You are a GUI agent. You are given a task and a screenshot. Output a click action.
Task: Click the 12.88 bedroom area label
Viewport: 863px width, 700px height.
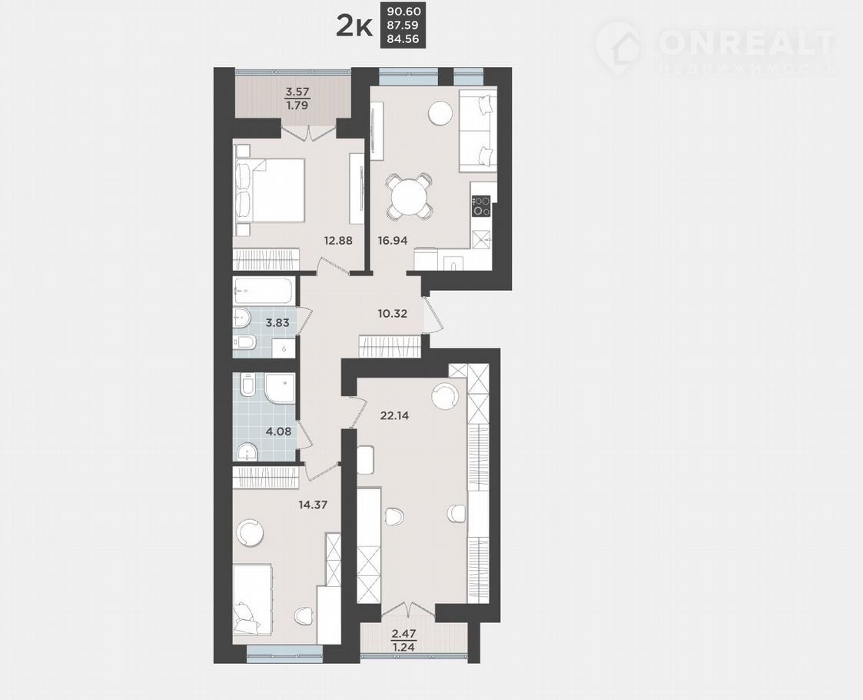[338, 240]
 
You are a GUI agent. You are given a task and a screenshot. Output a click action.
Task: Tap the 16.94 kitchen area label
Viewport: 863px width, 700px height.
[393, 240]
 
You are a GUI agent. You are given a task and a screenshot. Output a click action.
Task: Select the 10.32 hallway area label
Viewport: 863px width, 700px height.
[393, 314]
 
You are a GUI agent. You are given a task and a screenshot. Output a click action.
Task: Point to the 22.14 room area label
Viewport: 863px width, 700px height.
[395, 415]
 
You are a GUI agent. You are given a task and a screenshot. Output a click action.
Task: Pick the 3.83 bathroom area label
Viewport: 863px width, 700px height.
[277, 323]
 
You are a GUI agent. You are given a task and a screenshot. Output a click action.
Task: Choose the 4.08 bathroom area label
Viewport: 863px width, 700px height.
[278, 432]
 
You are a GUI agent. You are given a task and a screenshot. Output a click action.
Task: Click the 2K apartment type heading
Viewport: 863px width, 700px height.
[354, 26]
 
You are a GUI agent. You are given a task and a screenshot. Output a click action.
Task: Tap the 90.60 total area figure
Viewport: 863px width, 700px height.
[403, 11]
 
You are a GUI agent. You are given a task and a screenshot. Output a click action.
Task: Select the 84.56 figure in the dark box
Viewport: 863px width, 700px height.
[403, 38]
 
